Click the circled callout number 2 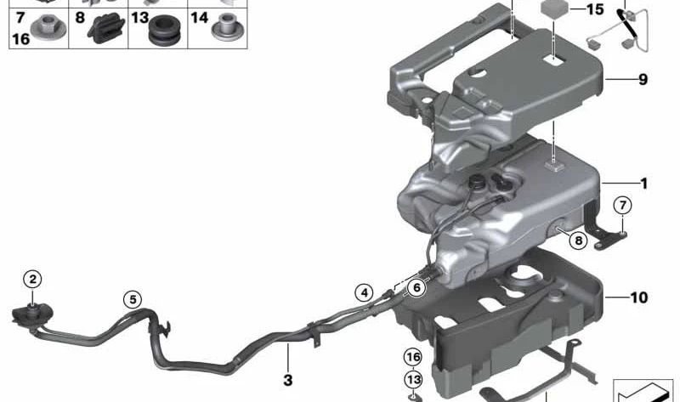[32, 279]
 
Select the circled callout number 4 [364, 293]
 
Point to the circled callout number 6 [416, 288]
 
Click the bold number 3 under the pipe [287, 379]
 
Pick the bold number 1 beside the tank [643, 184]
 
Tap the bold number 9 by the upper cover [643, 80]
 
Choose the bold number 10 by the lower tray [639, 297]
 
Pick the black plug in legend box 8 [105, 31]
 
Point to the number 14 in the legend [199, 17]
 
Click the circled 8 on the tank [578, 241]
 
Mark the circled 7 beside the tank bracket [622, 204]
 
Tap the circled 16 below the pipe [412, 357]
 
